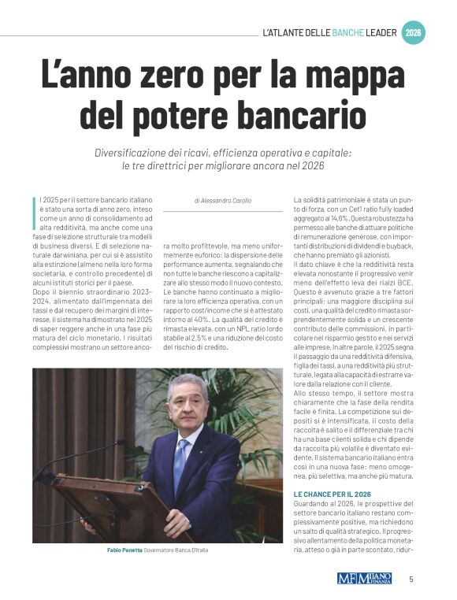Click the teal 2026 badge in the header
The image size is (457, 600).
coord(413,33)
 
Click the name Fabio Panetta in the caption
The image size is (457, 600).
coord(124,550)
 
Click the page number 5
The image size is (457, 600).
coord(411,579)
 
